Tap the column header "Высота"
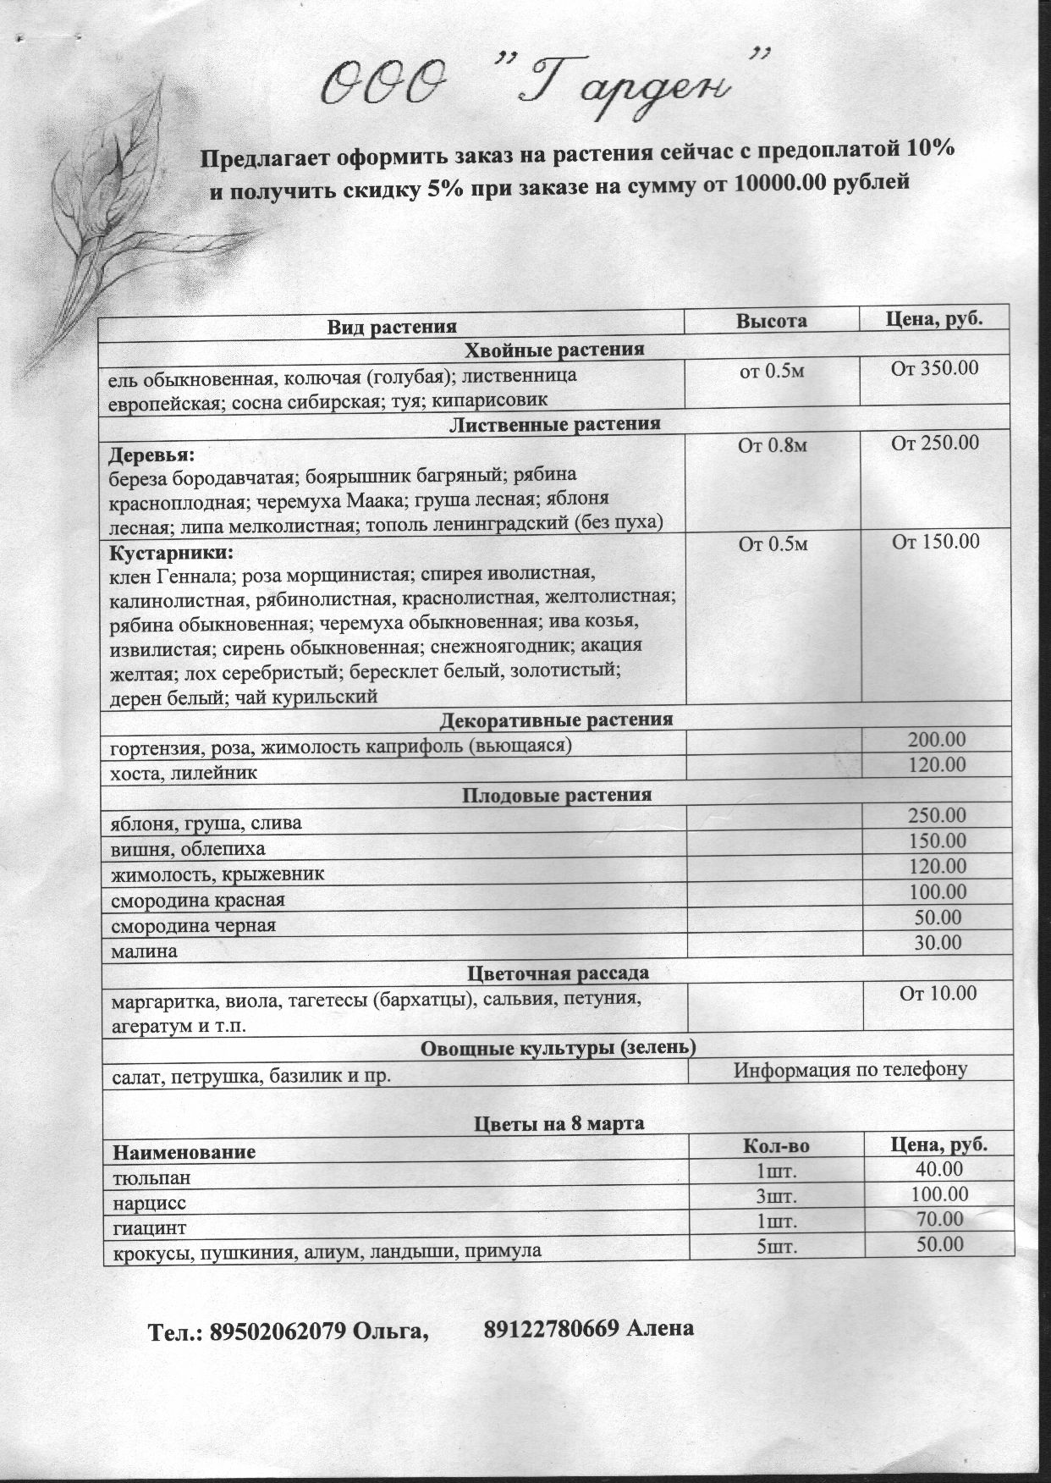pos(771,321)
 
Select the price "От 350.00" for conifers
pos(935,368)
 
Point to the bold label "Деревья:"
pos(152,455)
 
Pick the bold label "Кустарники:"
pos(170,553)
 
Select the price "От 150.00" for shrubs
pos(936,542)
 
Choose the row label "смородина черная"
pos(194,925)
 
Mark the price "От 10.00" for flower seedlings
pos(938,993)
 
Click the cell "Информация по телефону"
pos(850,1069)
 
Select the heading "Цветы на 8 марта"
pos(558,1123)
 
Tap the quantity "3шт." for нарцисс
pos(776,1196)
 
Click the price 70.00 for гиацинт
pos(939,1219)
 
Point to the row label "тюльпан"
pos(151,1177)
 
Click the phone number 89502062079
pos(278,1331)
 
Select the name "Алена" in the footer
pos(660,1327)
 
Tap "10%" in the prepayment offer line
pos(930,150)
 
